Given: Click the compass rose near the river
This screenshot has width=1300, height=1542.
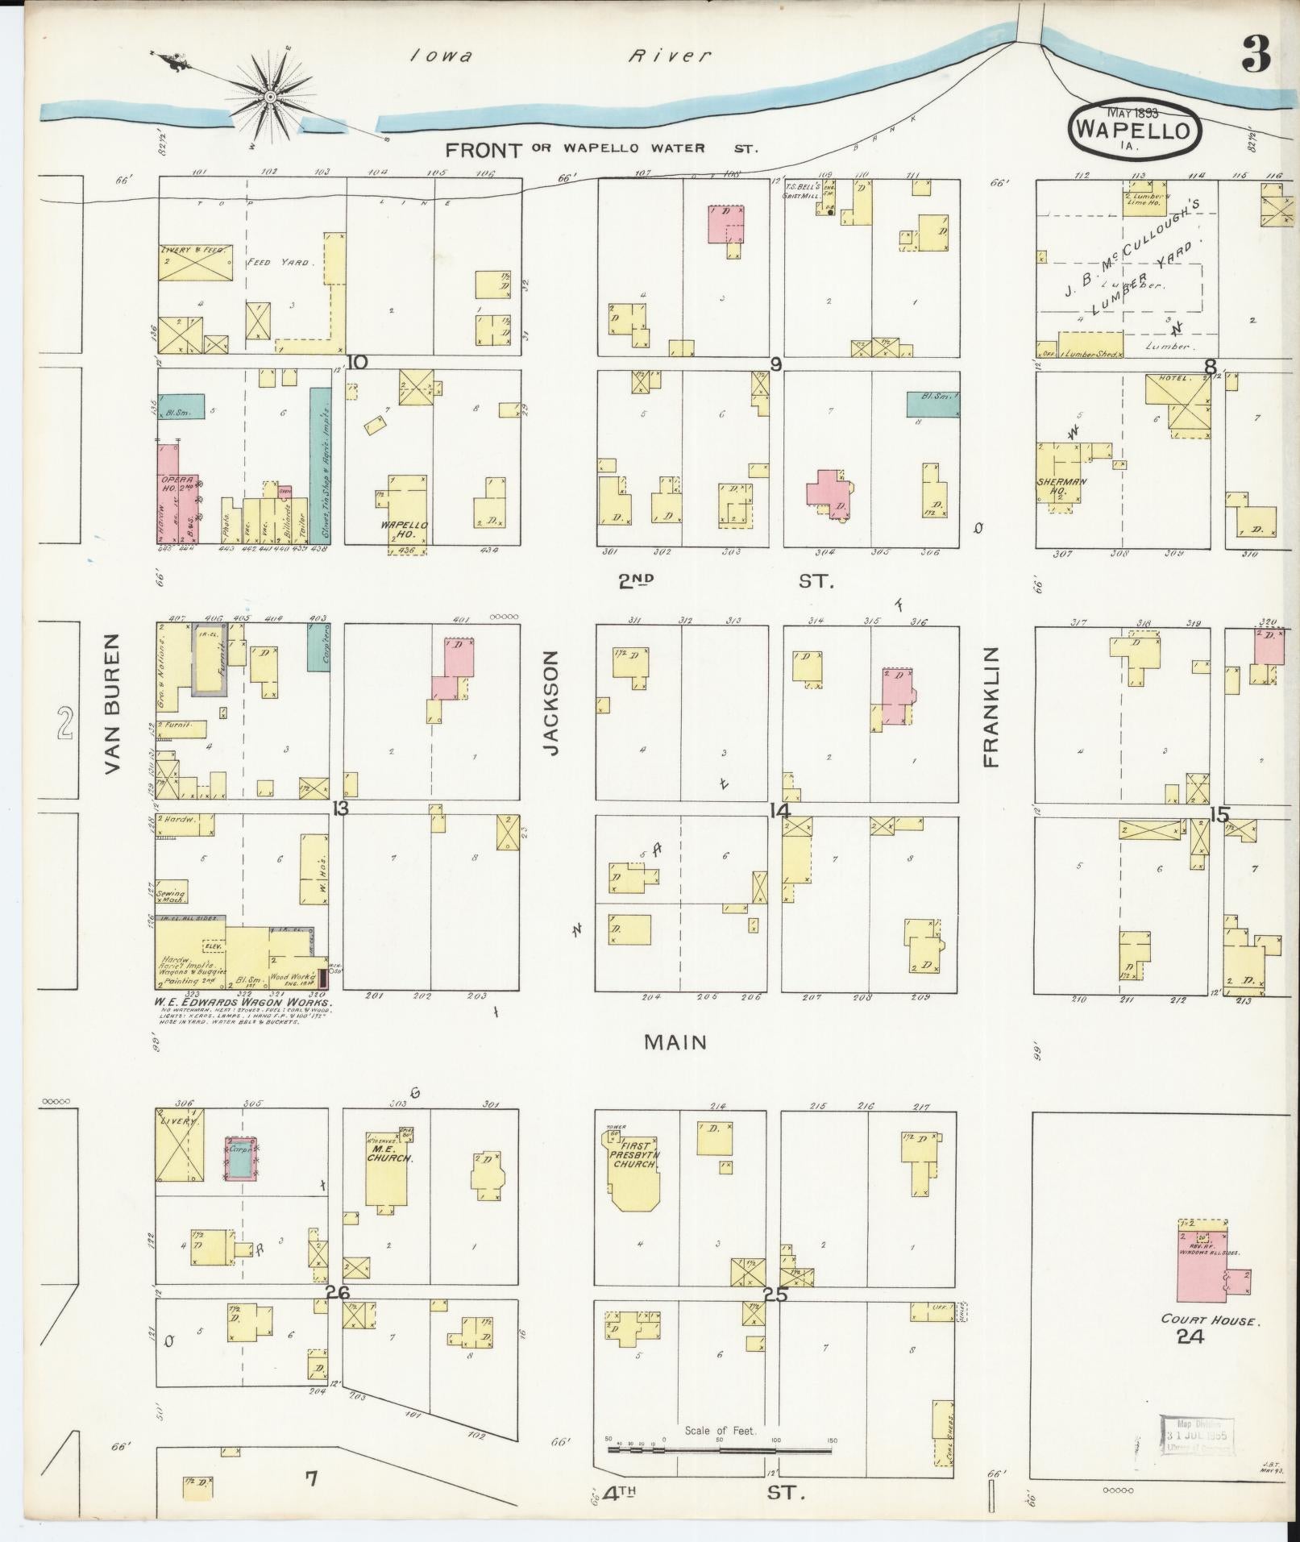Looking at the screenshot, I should (270, 97).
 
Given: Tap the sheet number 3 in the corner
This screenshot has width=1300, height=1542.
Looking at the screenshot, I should (1256, 55).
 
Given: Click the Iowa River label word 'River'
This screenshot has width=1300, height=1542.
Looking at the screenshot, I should (670, 56).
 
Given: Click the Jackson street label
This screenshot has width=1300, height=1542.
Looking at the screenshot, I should (551, 704).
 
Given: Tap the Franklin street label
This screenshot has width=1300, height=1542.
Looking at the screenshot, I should (991, 706).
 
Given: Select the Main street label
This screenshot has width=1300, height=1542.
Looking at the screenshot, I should (675, 1042).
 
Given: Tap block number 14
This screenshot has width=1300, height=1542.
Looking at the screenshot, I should (779, 811).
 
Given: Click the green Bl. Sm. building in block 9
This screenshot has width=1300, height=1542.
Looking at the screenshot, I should (933, 404).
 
